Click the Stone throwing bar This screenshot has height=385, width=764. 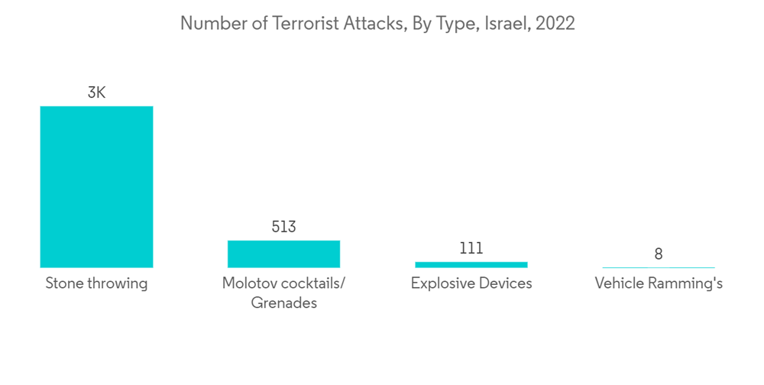(x=96, y=186)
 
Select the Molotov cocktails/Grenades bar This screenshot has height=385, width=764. (x=283, y=254)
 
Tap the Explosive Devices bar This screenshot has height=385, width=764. (x=471, y=264)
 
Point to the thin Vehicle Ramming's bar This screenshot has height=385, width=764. (x=658, y=267)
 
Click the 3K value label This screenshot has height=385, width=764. (x=96, y=93)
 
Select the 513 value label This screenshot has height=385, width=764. (x=283, y=227)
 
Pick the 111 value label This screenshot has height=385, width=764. (x=471, y=248)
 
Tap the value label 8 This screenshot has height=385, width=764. (x=658, y=254)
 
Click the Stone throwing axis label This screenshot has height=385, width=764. (x=96, y=283)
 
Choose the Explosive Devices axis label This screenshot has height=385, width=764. (x=471, y=283)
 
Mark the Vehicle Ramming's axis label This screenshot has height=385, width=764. (x=658, y=283)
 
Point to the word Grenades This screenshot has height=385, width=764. (x=283, y=302)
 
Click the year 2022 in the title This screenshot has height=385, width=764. (x=555, y=24)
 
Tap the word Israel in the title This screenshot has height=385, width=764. (x=507, y=24)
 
